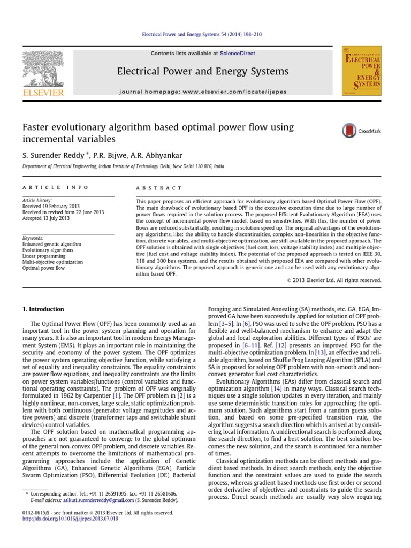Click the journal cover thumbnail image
362,71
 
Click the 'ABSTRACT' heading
159,188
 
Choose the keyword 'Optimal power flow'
44,268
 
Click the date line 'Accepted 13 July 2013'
46,218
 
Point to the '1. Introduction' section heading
43,309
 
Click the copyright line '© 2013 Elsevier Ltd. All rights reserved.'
331,279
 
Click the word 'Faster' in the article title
36,127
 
